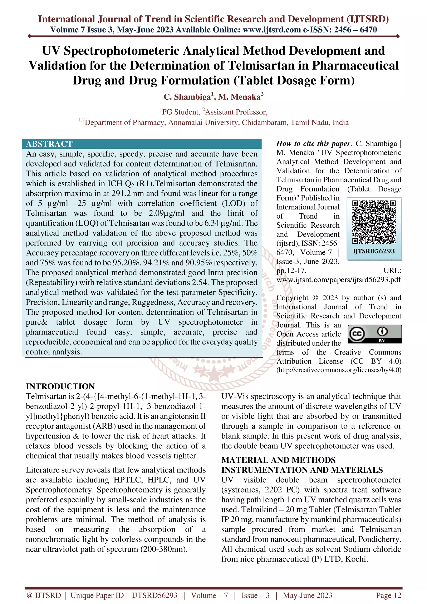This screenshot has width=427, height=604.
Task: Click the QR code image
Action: tap(374, 222)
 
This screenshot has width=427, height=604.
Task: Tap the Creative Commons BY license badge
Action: tap(375, 334)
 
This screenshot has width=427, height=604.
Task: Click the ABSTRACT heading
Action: tap(49, 144)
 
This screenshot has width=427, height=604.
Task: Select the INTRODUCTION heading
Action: tap(60, 386)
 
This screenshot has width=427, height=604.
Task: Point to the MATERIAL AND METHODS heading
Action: tap(278, 460)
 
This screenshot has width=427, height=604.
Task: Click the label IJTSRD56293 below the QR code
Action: tap(374, 251)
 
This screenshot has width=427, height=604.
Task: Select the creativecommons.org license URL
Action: tap(339, 370)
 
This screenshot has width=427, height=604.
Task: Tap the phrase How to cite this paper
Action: tap(314, 144)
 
